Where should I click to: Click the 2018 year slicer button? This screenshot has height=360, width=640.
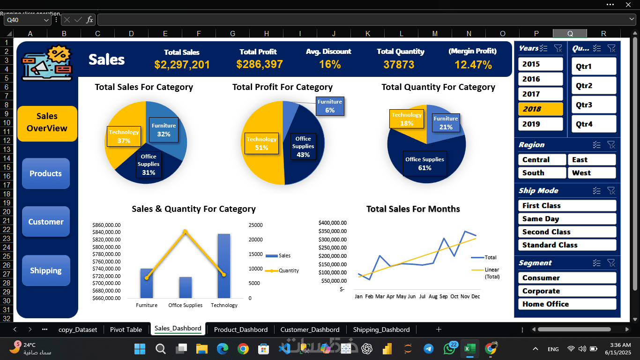click(540, 109)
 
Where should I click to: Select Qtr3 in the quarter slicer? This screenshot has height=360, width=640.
click(594, 105)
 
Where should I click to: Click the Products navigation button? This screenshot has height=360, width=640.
click(46, 173)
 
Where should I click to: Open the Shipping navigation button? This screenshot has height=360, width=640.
click(46, 270)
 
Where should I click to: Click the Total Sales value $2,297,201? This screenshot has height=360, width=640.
click(182, 65)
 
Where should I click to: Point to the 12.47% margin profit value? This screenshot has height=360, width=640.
click(473, 65)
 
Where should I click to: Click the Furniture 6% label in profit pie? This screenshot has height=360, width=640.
click(330, 106)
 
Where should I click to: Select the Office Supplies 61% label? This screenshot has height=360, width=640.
click(424, 164)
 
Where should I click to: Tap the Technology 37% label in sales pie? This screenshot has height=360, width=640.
click(124, 136)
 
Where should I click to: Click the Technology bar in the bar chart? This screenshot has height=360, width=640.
click(224, 266)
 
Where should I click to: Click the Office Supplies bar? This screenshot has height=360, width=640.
click(186, 287)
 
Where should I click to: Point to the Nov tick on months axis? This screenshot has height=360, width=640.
click(465, 296)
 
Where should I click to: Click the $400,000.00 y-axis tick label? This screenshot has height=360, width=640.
click(332, 223)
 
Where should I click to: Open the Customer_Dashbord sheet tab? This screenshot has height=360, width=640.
click(310, 330)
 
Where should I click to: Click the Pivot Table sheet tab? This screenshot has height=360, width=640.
click(126, 330)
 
